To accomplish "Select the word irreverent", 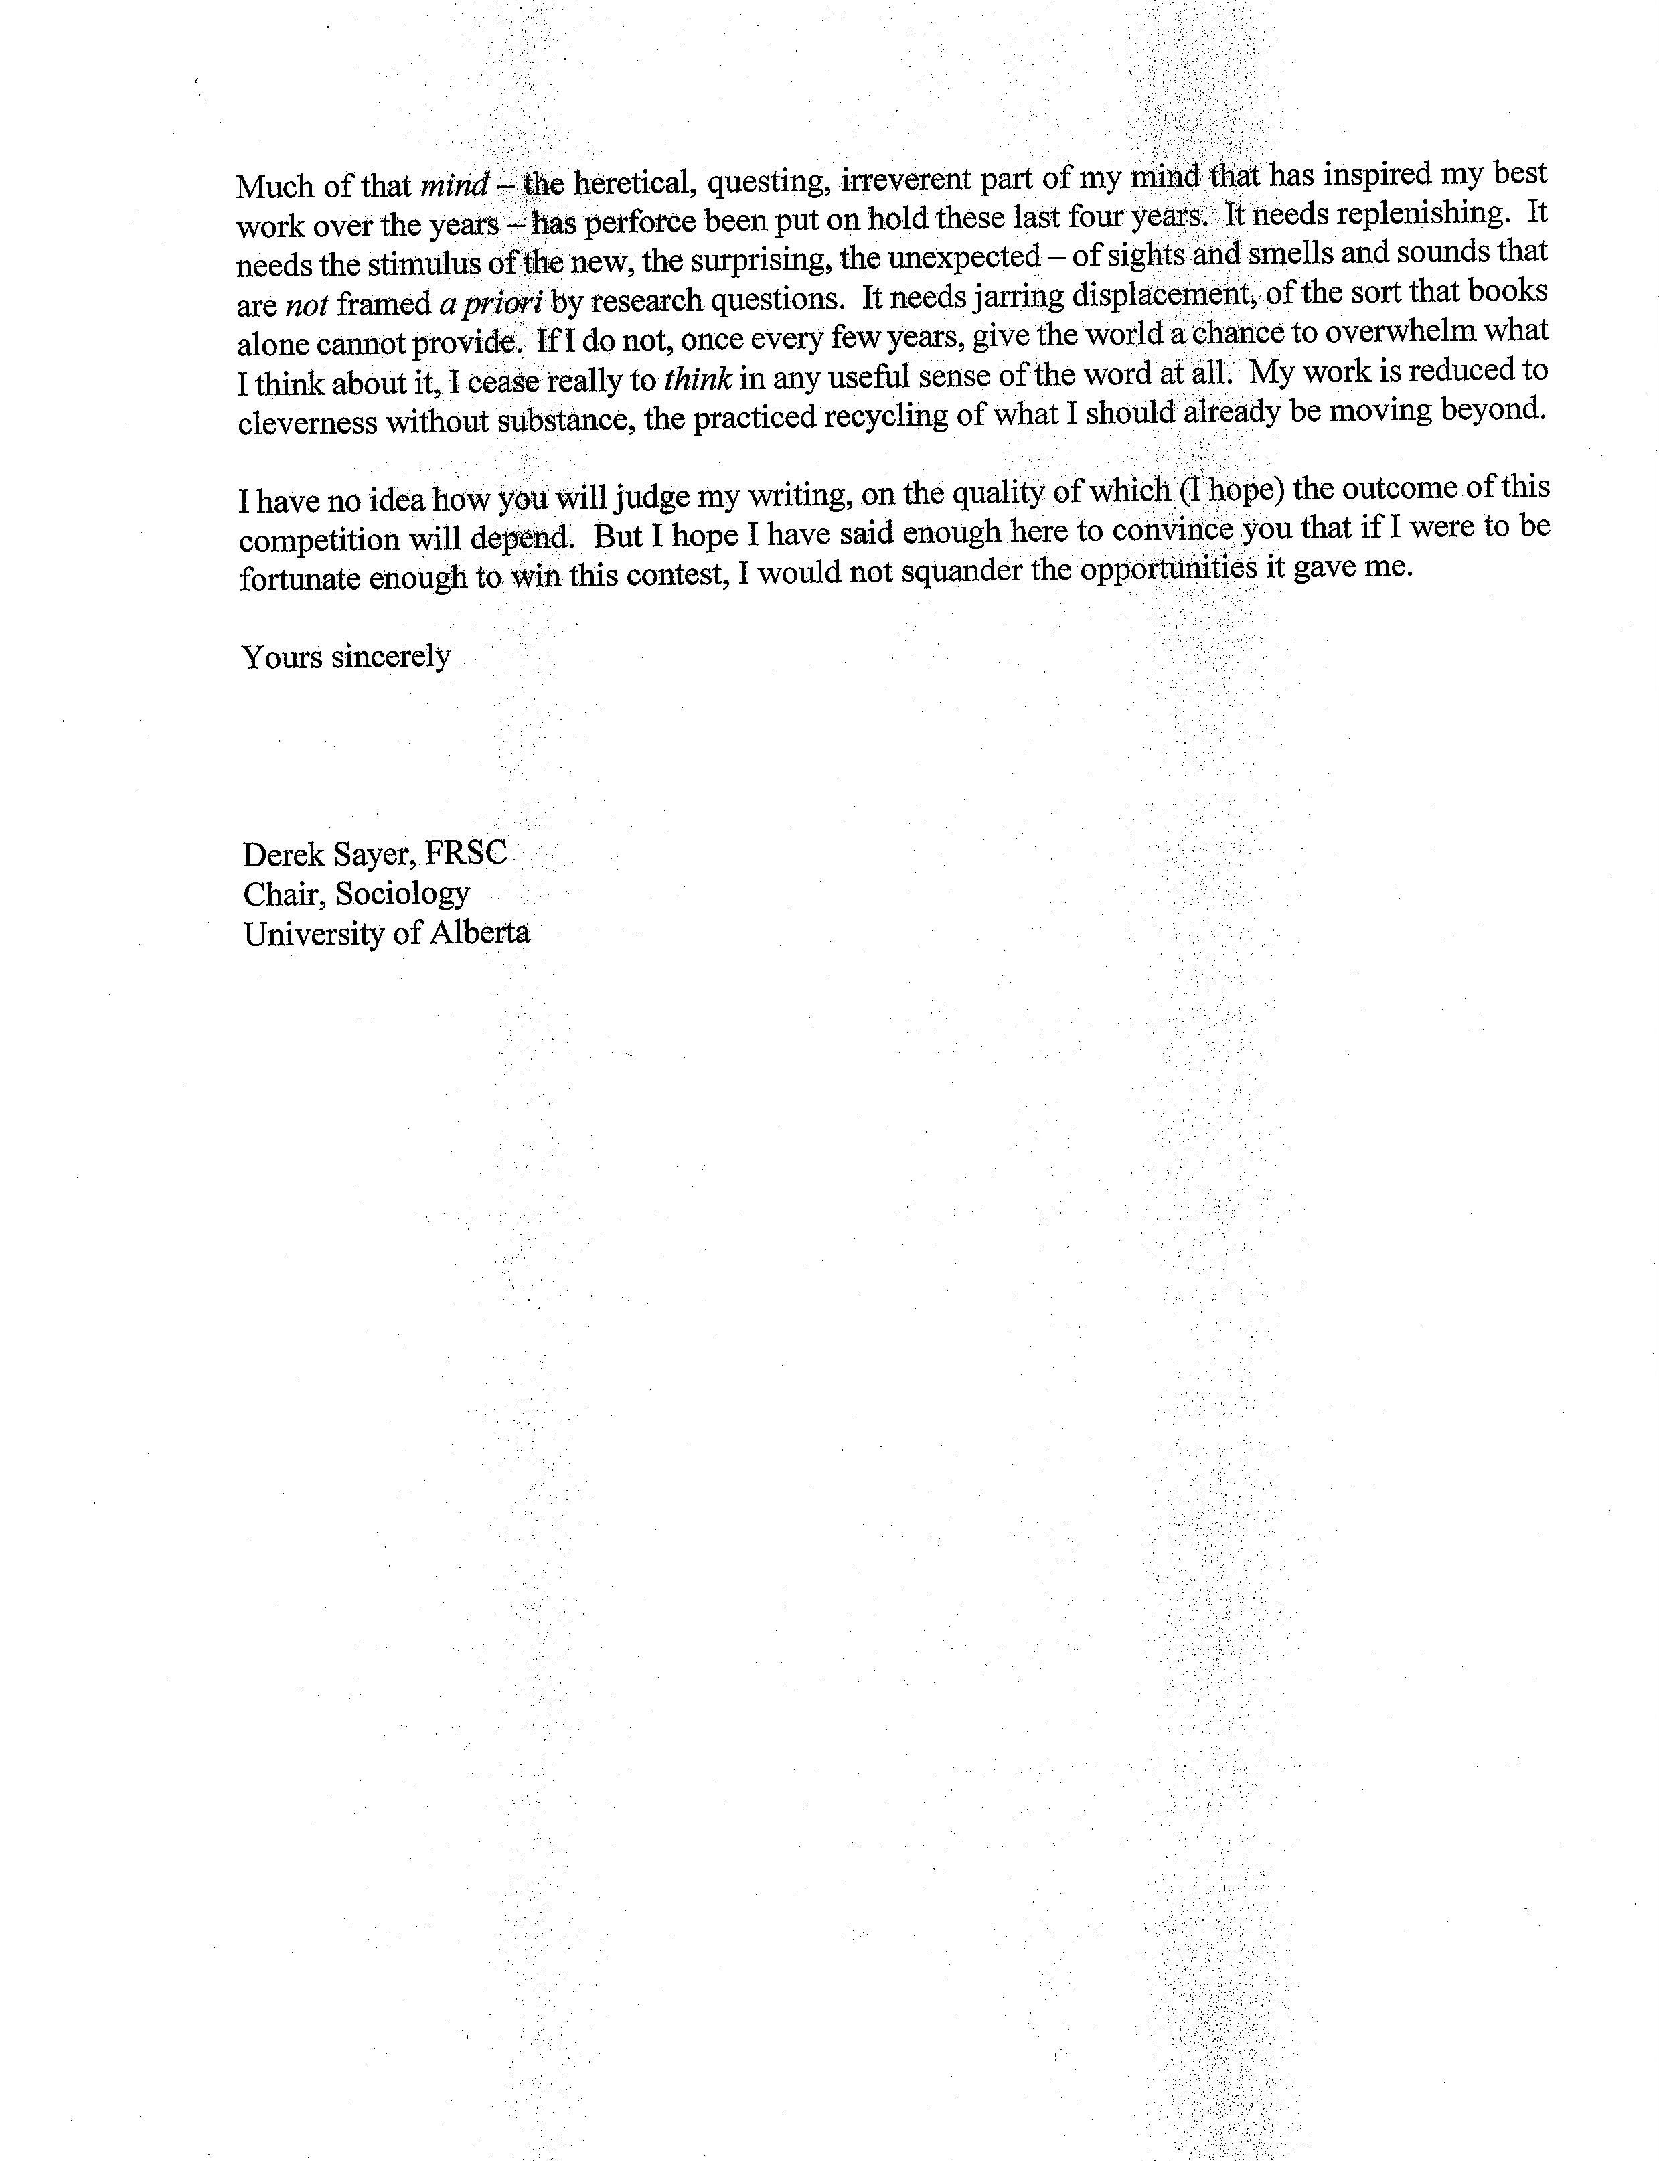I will pyautogui.click(x=906, y=179).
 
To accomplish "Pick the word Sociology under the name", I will pyautogui.click(x=403, y=894).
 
